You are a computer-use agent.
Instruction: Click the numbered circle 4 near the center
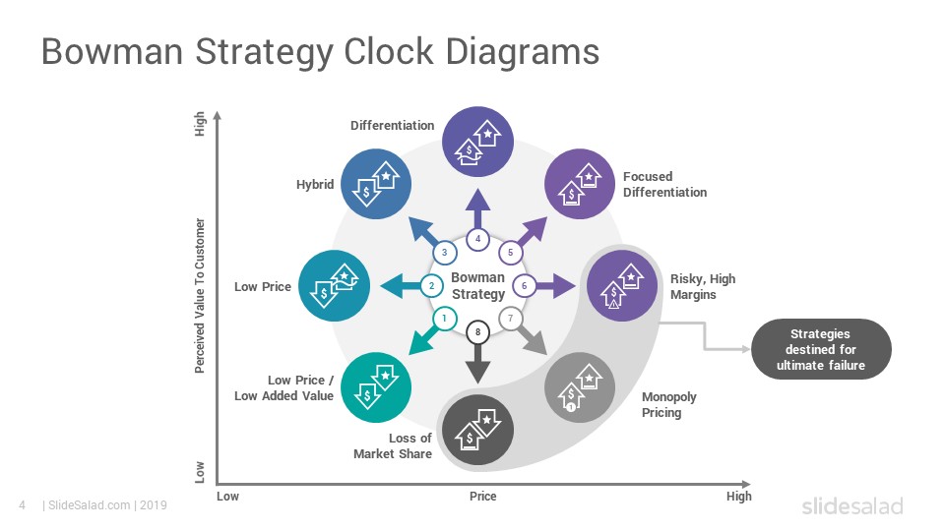pyautogui.click(x=478, y=239)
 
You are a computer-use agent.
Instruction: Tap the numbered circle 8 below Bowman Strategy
pyautogui.click(x=478, y=331)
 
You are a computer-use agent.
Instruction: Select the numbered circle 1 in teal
pyautogui.click(x=445, y=318)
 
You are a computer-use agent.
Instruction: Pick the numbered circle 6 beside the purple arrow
pyautogui.click(x=525, y=285)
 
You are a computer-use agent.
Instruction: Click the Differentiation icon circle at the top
pyautogui.click(x=478, y=142)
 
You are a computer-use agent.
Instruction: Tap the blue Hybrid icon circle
pyautogui.click(x=376, y=184)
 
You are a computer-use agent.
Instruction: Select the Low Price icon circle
pyautogui.click(x=334, y=285)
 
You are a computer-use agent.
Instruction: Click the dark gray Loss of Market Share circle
pyautogui.click(x=478, y=430)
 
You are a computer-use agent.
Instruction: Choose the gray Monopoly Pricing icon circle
pyautogui.click(x=580, y=387)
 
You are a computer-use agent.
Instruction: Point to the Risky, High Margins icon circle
pyautogui.click(x=622, y=285)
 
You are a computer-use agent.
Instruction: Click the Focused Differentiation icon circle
pyautogui.click(x=580, y=184)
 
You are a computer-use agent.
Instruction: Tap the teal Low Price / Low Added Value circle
pyautogui.click(x=376, y=387)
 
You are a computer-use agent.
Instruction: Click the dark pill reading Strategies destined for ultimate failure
pyautogui.click(x=821, y=349)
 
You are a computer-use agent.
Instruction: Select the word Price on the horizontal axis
pyautogui.click(x=482, y=496)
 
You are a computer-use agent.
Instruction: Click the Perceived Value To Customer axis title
pyautogui.click(x=200, y=296)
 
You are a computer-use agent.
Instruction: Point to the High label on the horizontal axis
pyautogui.click(x=739, y=496)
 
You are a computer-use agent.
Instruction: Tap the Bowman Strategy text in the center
pyautogui.click(x=478, y=286)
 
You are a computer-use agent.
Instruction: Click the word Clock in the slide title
pyautogui.click(x=388, y=51)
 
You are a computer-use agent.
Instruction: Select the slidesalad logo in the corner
pyautogui.click(x=852, y=505)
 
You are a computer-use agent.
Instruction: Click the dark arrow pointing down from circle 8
pyautogui.click(x=478, y=363)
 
